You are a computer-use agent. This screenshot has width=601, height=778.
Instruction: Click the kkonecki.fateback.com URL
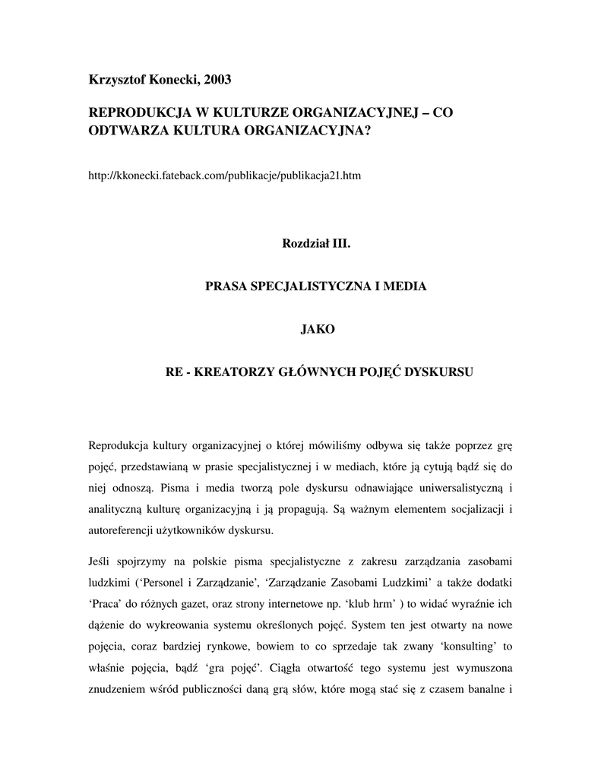coord(225,176)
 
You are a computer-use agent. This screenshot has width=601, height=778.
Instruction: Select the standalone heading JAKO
coord(308,330)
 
